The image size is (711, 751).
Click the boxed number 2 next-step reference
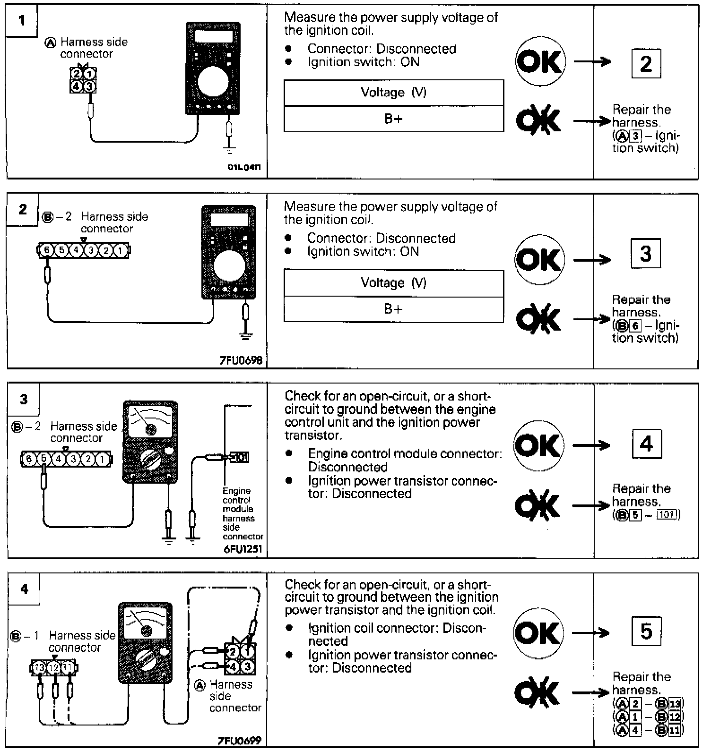click(x=646, y=64)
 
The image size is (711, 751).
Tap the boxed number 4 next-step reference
click(x=646, y=444)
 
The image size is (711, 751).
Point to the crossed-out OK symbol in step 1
click(x=538, y=121)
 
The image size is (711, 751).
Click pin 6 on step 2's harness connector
click(x=46, y=250)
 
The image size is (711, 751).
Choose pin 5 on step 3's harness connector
click(x=43, y=459)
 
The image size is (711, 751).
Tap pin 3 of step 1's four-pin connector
click(x=89, y=86)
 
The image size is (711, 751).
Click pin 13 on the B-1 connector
click(x=40, y=668)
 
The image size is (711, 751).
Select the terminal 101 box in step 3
click(x=241, y=457)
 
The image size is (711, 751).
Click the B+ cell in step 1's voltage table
click(x=393, y=119)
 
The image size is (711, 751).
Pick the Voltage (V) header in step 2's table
click(x=393, y=283)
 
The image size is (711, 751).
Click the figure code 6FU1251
click(x=243, y=549)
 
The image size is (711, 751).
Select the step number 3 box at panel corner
click(x=24, y=399)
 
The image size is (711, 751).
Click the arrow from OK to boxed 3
click(x=592, y=260)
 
